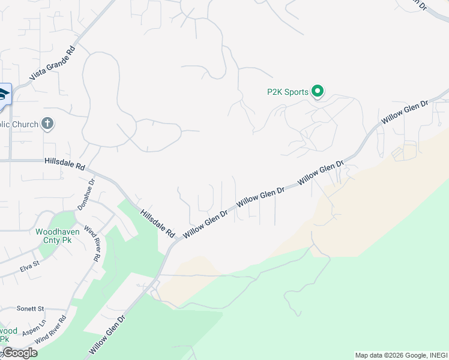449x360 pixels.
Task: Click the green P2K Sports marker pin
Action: [318, 91]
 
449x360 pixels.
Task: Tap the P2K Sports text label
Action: [288, 92]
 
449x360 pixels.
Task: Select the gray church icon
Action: [47, 124]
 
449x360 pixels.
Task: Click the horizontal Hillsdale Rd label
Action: [65, 163]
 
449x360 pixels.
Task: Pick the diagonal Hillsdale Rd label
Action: [157, 223]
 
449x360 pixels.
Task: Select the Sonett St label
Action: [30, 308]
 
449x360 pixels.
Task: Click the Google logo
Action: [19, 353]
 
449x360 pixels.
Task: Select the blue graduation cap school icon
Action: [4, 95]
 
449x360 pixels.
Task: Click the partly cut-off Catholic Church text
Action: [19, 124]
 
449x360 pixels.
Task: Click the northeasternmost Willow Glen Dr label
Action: [405, 113]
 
